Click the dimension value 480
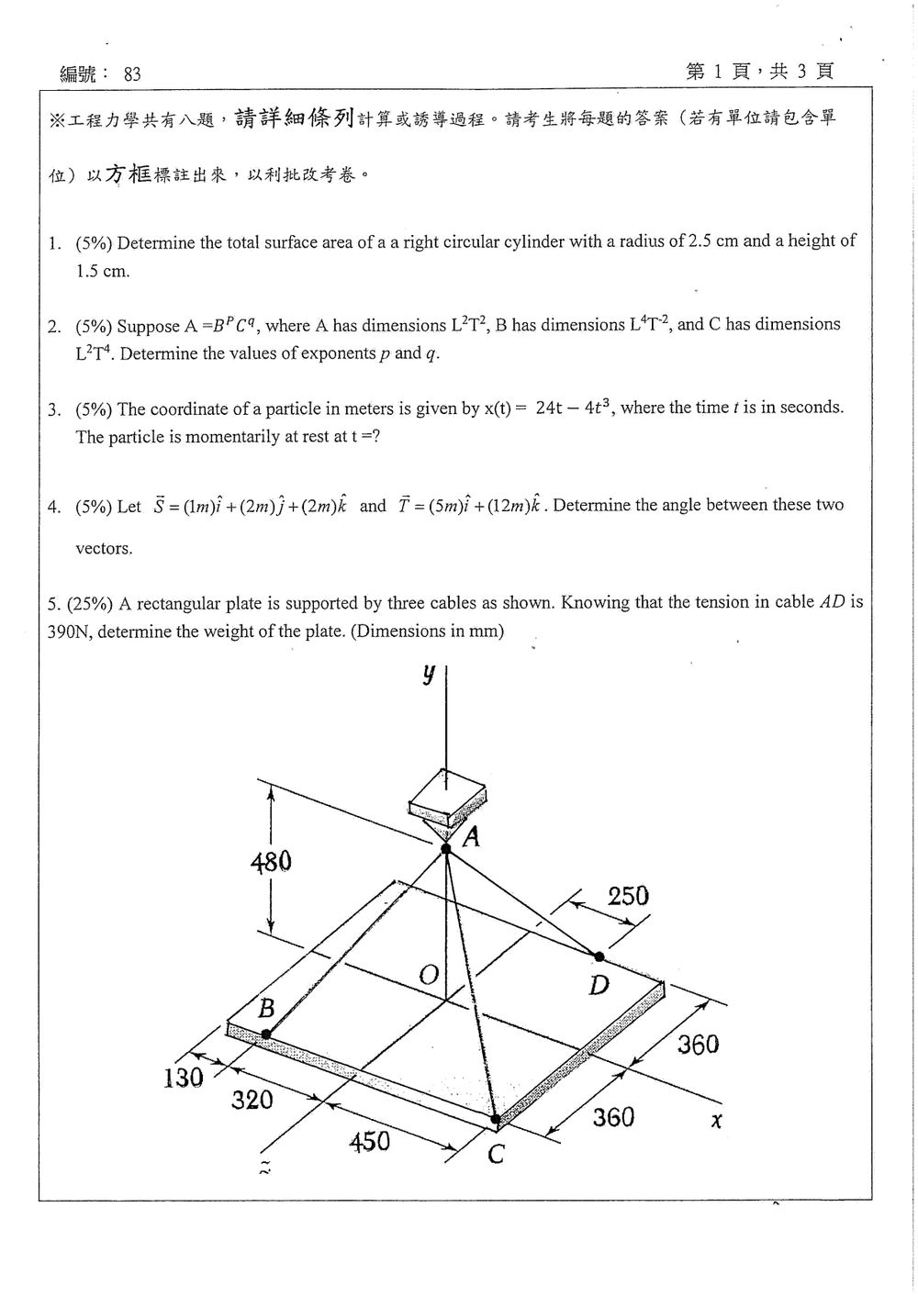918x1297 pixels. point(271,862)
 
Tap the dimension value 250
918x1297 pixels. point(629,896)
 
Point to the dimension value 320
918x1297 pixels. point(252,1099)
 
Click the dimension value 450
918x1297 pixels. point(370,1141)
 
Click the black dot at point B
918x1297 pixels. point(266,1034)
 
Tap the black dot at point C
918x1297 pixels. point(495,1119)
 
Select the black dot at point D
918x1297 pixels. point(599,956)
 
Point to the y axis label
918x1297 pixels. point(428,674)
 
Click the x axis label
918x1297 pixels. point(716,1121)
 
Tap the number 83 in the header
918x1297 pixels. point(132,74)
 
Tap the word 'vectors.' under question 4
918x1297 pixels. point(105,548)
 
